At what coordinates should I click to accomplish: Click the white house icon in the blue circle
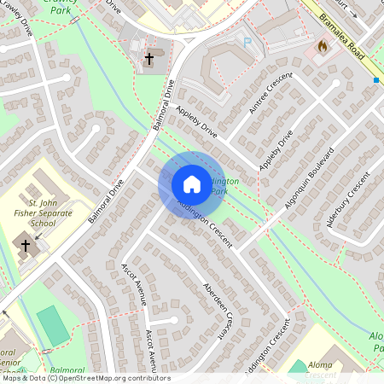click(191, 183)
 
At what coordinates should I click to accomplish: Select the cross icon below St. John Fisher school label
click(26, 246)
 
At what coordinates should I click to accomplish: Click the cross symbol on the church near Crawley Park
click(149, 59)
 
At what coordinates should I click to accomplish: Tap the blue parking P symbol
click(247, 42)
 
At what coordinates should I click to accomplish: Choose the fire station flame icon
click(323, 45)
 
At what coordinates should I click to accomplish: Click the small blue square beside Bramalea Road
click(375, 80)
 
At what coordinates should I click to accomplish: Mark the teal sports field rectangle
click(52, 325)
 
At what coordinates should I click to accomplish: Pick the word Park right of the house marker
click(219, 191)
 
